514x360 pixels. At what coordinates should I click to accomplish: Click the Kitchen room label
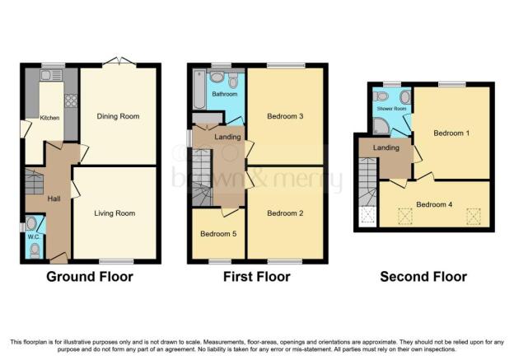(49, 118)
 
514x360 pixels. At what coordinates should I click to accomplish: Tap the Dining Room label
(118, 116)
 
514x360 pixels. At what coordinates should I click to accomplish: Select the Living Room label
(114, 213)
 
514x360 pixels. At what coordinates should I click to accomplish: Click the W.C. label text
(34, 236)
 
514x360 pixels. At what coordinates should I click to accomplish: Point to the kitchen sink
(51, 75)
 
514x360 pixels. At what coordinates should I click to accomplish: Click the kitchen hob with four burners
(71, 101)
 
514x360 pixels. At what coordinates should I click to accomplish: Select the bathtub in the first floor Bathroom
(199, 89)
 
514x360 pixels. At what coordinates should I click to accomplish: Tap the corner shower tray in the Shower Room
(381, 126)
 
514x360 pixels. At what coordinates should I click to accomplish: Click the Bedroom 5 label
(218, 234)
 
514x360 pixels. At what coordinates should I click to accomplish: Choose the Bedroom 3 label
(285, 116)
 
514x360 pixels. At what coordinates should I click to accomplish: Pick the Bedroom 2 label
(285, 213)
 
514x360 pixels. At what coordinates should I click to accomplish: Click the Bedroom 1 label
(451, 133)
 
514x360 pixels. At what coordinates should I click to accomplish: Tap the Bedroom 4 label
(434, 204)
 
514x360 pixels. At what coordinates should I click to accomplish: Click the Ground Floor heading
(90, 277)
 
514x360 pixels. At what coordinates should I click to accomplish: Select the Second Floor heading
(423, 277)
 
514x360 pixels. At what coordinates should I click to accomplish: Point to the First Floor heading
(257, 277)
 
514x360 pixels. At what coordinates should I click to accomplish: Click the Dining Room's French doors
(119, 63)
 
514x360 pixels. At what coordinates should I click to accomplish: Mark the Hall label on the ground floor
(54, 199)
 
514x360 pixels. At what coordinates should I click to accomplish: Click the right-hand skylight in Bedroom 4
(474, 217)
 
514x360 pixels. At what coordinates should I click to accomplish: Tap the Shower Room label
(391, 109)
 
